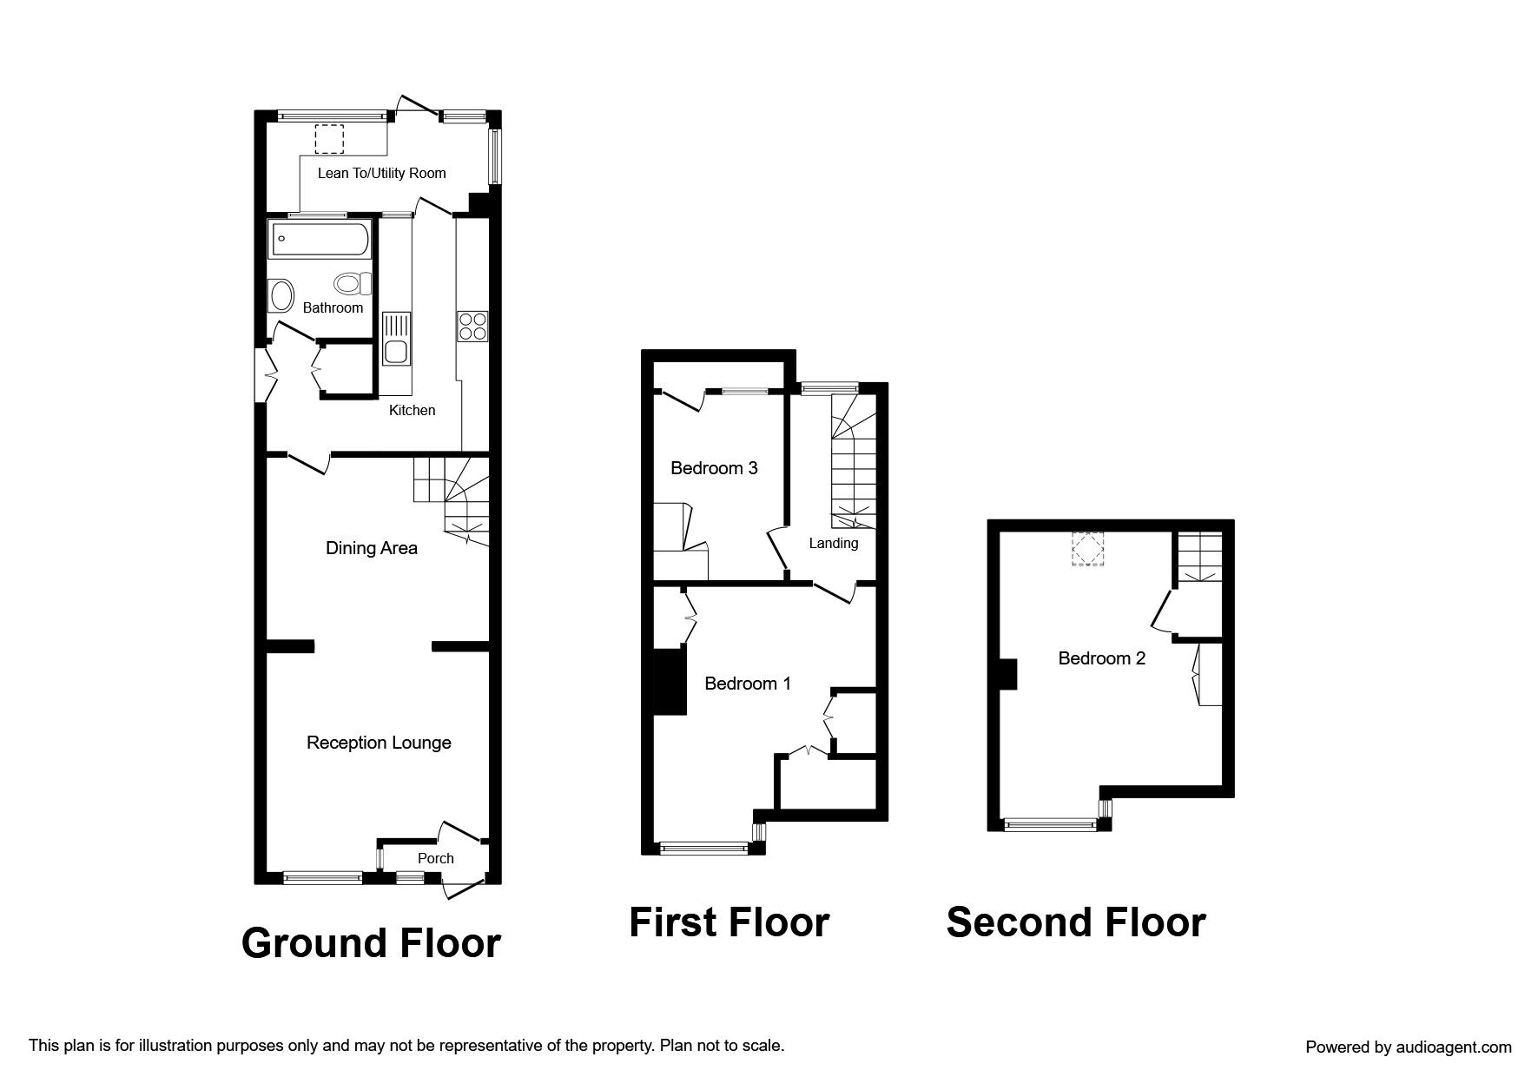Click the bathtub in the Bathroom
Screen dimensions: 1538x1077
[320, 239]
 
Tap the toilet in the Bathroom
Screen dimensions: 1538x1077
[353, 283]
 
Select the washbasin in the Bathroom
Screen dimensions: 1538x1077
[281, 295]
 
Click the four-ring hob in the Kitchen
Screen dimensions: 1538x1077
[472, 326]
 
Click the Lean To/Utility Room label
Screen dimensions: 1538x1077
[382, 173]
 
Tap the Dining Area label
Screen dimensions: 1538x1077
[372, 548]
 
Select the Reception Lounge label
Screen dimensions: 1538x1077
[379, 743]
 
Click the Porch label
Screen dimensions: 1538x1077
[436, 858]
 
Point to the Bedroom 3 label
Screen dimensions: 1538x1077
[714, 468]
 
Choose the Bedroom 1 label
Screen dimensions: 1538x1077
[748, 684]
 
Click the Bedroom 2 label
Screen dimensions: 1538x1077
[1102, 658]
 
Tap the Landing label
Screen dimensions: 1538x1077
[834, 544]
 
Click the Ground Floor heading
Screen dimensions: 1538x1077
[371, 943]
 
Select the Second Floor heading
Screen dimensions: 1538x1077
[1076, 922]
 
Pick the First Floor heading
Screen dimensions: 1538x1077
[729, 922]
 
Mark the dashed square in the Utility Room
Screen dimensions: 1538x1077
[328, 138]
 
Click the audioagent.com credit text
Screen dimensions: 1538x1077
[1409, 1047]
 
